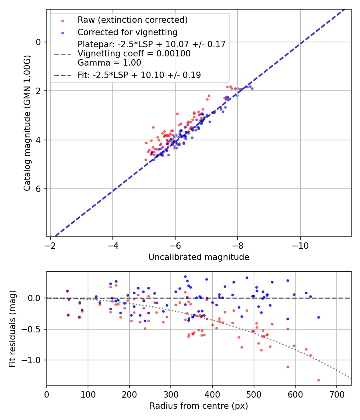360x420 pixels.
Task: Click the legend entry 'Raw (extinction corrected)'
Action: coord(132,20)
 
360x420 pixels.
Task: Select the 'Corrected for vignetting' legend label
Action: coord(127,32)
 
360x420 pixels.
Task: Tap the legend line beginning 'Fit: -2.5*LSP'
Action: coord(139,75)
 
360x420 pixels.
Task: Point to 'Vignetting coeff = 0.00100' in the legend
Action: coord(134,54)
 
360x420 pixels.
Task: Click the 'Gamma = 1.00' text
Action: coord(109,63)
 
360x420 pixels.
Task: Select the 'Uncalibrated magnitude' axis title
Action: coord(199,257)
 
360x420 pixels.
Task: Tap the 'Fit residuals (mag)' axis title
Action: coord(12,328)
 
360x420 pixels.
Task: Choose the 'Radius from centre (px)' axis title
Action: coord(199,406)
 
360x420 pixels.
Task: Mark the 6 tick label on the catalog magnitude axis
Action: coord(39,189)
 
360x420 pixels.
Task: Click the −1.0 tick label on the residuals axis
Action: coord(33,360)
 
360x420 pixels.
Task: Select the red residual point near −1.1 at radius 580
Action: coord(288,367)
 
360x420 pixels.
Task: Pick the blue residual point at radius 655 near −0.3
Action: coord(318,317)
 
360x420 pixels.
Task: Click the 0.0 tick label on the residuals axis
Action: coord(35,298)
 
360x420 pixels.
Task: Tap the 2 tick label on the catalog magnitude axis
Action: coord(39,91)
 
